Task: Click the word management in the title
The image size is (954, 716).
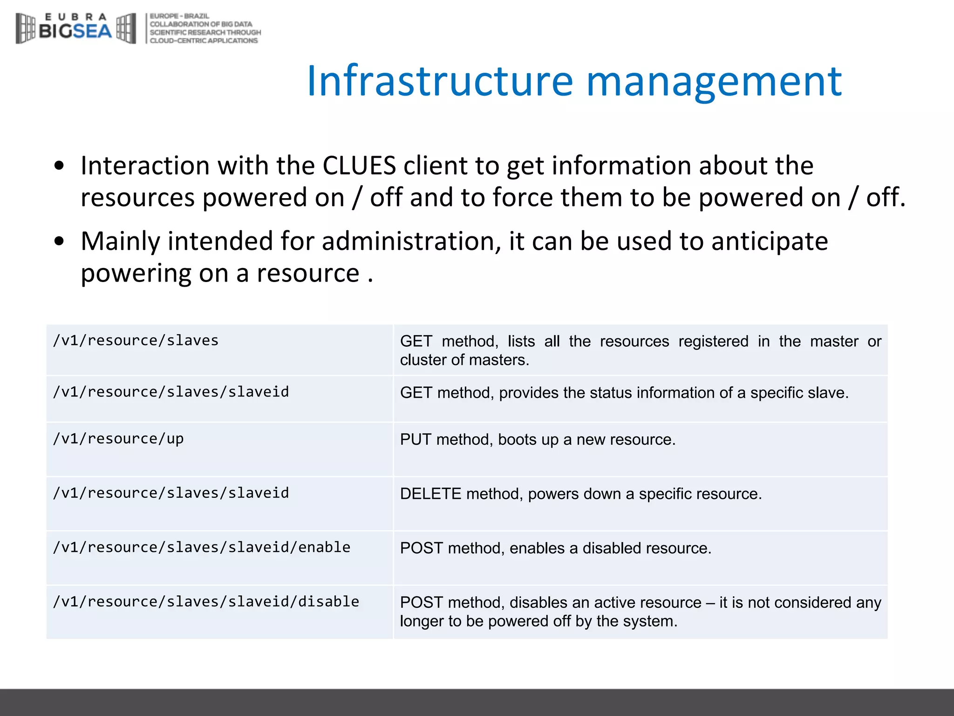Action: click(714, 82)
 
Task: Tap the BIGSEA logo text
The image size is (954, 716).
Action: click(75, 31)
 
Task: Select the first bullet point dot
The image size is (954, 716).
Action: click(59, 165)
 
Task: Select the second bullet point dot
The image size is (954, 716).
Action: click(59, 241)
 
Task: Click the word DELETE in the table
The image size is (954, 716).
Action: click(430, 494)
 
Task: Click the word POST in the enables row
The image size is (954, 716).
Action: click(421, 548)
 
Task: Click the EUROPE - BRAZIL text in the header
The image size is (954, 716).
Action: click(179, 16)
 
